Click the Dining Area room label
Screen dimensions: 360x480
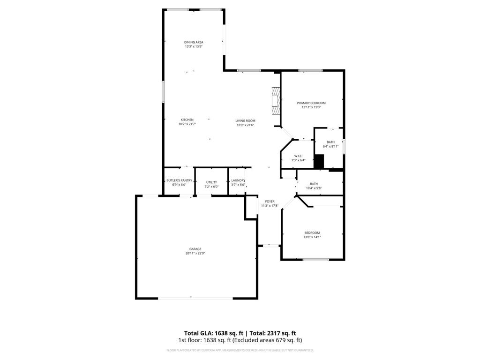[194, 42]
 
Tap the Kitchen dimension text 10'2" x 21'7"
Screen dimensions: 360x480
[187, 124]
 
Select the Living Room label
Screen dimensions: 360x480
[245, 120]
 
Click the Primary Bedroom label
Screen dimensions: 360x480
[311, 103]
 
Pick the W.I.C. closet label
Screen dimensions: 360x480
[298, 156]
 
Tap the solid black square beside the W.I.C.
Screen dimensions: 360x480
[319, 161]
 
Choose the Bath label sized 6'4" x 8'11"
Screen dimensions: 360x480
[330, 142]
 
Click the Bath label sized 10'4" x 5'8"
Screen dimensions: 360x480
[314, 184]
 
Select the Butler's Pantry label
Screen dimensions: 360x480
[179, 180]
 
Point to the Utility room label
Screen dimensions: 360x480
[211, 182]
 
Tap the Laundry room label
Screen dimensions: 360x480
[238, 180]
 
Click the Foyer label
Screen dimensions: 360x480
[270, 202]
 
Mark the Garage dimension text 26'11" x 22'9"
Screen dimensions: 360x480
[195, 254]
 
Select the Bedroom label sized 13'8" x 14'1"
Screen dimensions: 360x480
[312, 233]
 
